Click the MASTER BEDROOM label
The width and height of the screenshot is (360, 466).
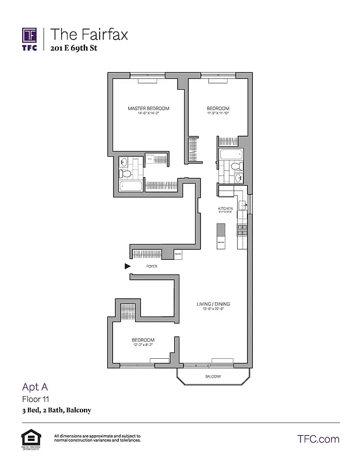(x=149, y=108)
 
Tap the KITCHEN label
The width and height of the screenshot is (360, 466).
(x=225, y=209)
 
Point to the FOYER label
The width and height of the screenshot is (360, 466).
(x=151, y=266)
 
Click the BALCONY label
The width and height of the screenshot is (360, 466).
(x=213, y=377)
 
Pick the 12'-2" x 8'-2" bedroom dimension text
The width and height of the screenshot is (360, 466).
(x=143, y=345)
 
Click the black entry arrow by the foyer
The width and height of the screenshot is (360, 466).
(x=128, y=266)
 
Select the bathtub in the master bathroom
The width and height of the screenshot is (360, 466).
(x=130, y=186)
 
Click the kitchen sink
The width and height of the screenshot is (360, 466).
(x=243, y=205)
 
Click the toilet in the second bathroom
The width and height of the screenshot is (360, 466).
(x=235, y=168)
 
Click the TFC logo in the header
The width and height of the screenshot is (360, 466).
(x=30, y=38)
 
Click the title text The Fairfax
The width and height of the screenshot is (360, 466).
(x=89, y=34)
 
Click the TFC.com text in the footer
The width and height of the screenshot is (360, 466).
(x=318, y=439)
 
